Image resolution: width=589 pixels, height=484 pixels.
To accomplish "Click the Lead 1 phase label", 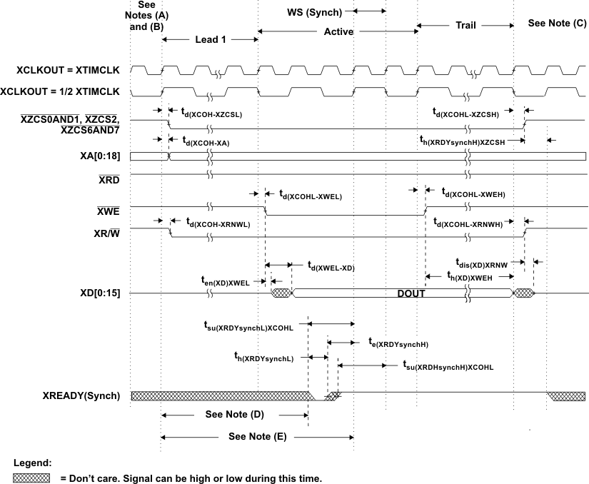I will point(211,40).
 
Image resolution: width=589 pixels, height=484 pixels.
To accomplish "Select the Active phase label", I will point(338,32).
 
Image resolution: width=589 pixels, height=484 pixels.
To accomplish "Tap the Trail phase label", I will point(465,25).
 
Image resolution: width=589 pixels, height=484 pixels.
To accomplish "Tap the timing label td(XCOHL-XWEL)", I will point(311,194).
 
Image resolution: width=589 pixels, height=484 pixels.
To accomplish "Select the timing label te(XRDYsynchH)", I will point(398,343).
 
